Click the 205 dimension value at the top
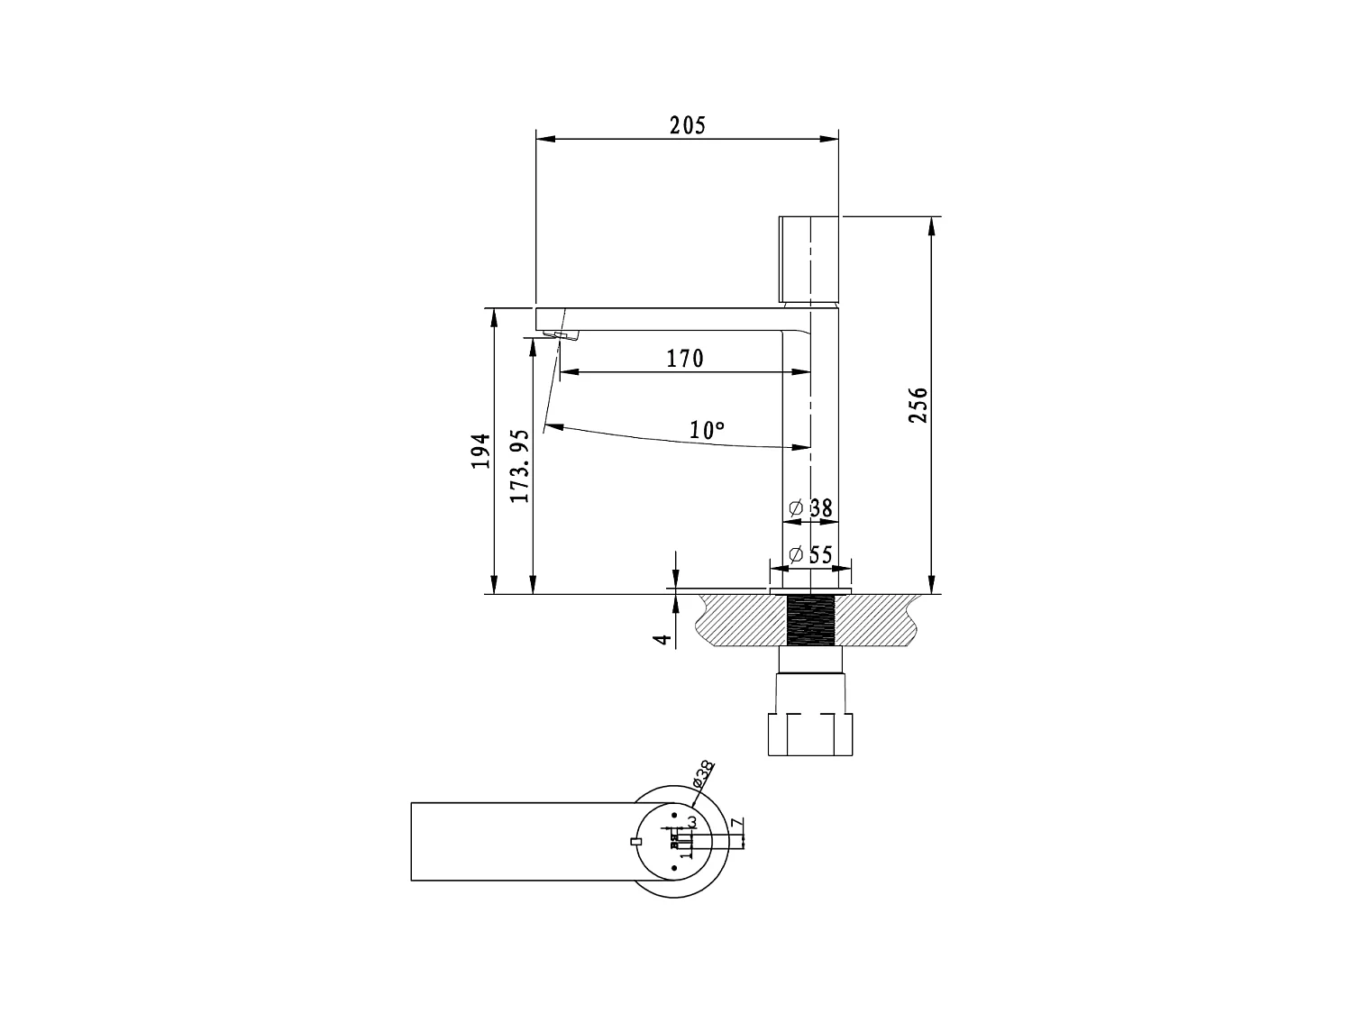(687, 125)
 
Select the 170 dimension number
(685, 359)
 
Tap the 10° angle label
(708, 431)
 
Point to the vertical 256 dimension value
(918, 406)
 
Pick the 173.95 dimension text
(519, 466)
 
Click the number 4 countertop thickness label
(663, 639)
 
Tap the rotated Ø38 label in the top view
(703, 774)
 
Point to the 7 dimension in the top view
(735, 825)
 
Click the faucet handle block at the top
(808, 260)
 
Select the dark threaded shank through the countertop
(812, 620)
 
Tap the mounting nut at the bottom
(809, 734)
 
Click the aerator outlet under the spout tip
(564, 336)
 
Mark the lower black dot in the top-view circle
(674, 868)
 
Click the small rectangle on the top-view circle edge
(636, 841)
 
